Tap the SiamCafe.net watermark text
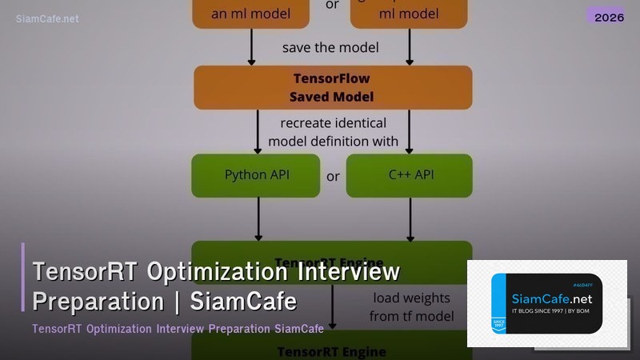[47, 18]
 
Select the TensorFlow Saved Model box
[333, 87]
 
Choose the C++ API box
[409, 175]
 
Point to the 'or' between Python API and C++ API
[333, 176]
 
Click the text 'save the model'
[330, 47]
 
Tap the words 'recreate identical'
[333, 123]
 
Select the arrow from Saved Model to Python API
[258, 131]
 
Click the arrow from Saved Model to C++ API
[410, 131]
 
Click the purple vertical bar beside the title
[23, 277]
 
